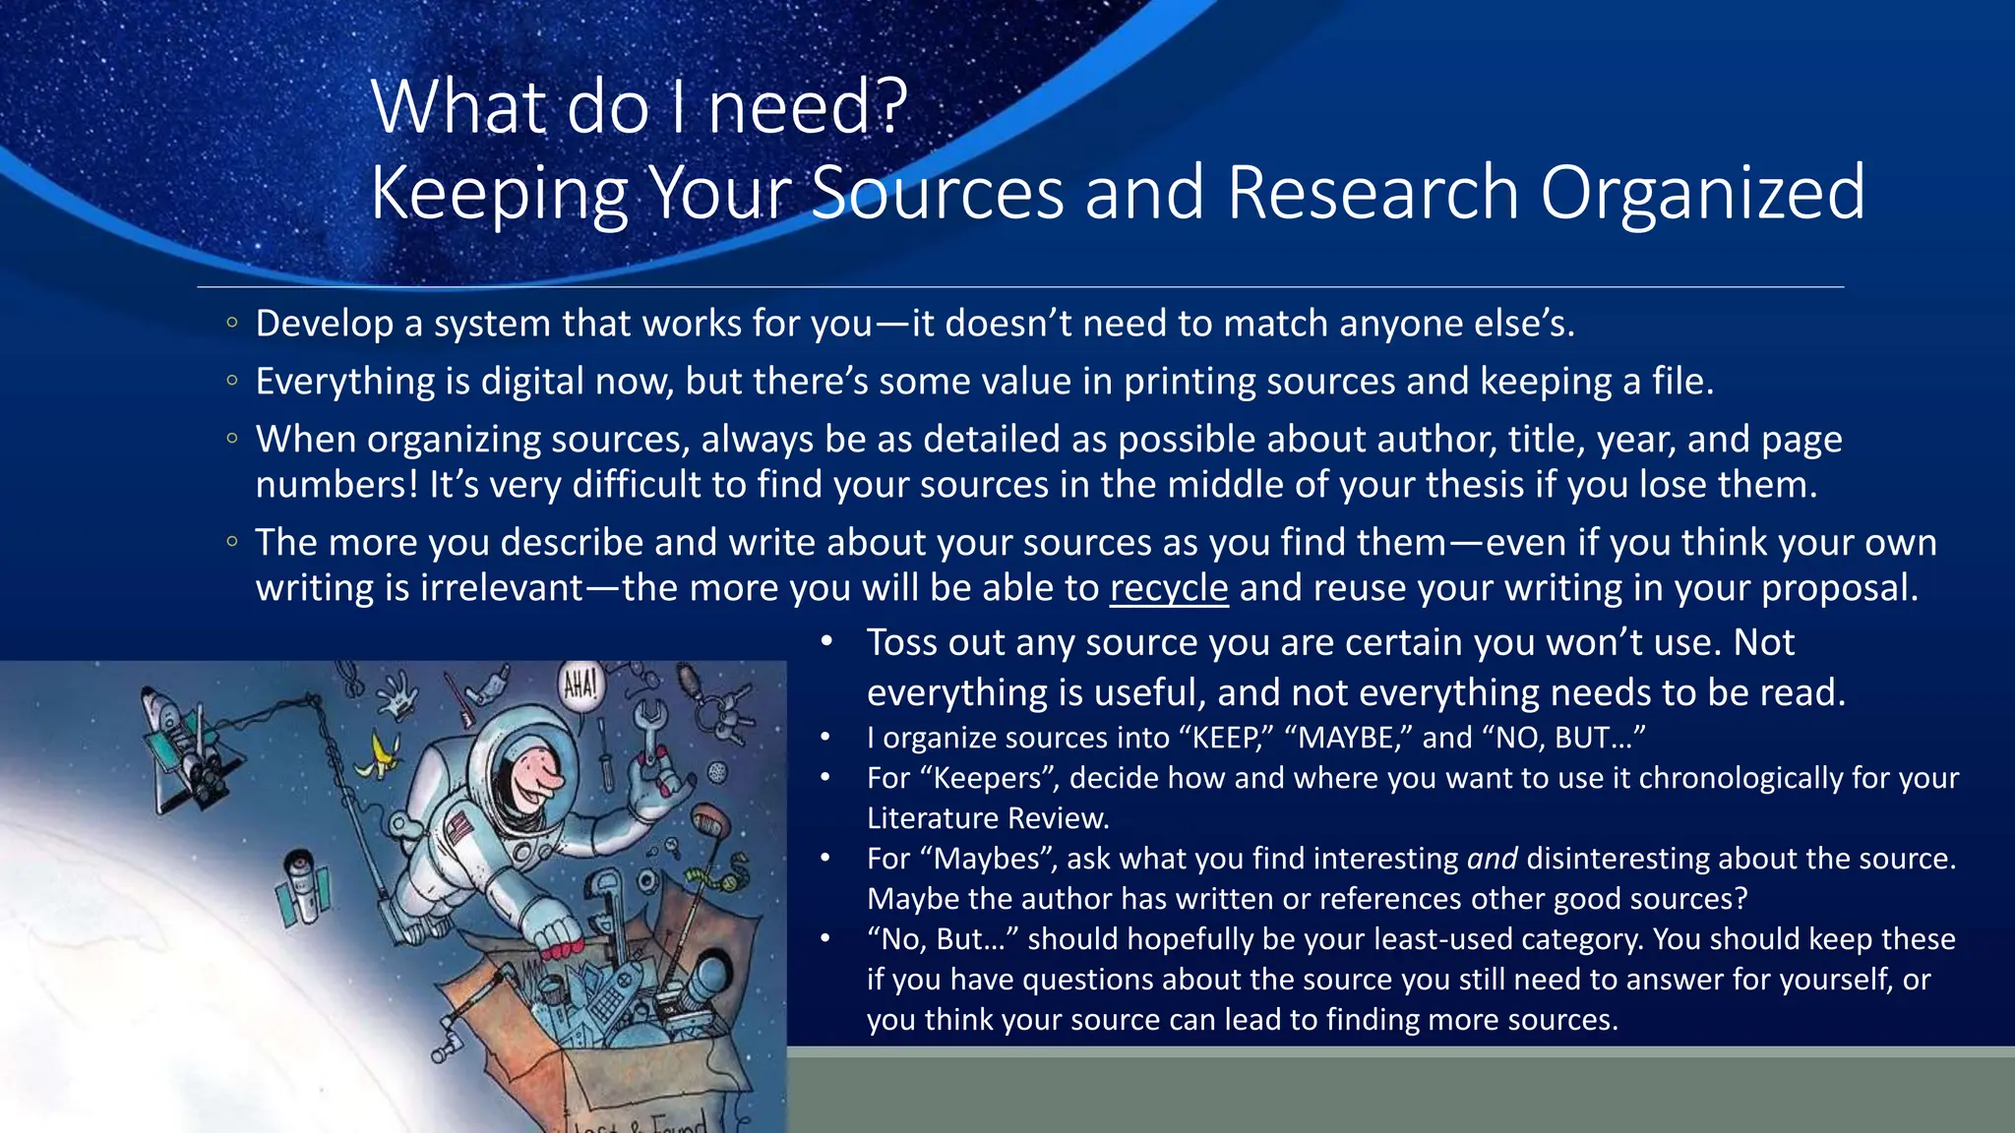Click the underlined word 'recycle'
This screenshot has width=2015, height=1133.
point(1169,588)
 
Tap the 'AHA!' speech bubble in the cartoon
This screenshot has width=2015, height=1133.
point(580,685)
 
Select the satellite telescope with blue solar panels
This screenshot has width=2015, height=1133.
point(301,886)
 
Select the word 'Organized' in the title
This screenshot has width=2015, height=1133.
point(1701,192)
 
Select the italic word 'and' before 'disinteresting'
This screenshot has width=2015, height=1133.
point(1492,859)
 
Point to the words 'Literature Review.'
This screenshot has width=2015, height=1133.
point(988,818)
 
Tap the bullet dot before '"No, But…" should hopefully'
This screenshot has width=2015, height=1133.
point(826,939)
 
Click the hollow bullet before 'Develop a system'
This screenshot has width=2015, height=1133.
point(231,323)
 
